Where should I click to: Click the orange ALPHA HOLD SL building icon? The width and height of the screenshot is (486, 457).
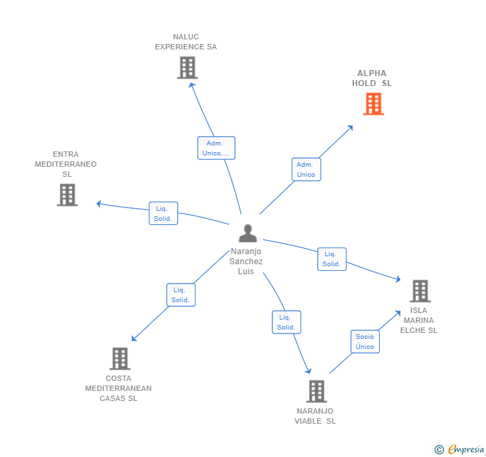pyautogui.click(x=373, y=104)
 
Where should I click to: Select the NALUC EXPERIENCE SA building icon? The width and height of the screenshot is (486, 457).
pyautogui.click(x=188, y=67)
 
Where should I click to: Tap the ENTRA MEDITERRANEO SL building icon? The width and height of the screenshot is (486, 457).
pyautogui.click(x=67, y=195)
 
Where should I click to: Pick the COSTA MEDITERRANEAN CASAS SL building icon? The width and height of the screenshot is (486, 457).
pyautogui.click(x=119, y=358)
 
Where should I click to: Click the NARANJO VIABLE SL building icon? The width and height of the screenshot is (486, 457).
pyautogui.click(x=316, y=391)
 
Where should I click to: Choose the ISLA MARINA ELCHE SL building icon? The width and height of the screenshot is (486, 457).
pyautogui.click(x=420, y=291)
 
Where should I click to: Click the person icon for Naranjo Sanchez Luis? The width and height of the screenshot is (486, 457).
pyautogui.click(x=248, y=234)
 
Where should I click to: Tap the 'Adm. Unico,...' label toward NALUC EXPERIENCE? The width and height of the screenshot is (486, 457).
pyautogui.click(x=216, y=148)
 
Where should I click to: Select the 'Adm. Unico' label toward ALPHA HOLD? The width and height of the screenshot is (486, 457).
pyautogui.click(x=306, y=169)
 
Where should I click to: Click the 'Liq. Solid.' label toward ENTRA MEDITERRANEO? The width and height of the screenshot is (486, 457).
pyautogui.click(x=163, y=213)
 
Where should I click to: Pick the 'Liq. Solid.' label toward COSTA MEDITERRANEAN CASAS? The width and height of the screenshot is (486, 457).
pyautogui.click(x=180, y=295)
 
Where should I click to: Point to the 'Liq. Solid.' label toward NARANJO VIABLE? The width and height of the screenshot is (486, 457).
pyautogui.click(x=286, y=322)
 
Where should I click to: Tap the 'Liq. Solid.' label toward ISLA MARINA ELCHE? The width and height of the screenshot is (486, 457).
pyautogui.click(x=331, y=259)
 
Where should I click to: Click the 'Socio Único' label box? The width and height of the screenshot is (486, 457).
pyautogui.click(x=364, y=342)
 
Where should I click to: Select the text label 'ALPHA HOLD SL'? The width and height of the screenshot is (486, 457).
pyautogui.click(x=372, y=79)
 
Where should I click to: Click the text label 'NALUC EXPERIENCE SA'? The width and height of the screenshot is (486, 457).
pyautogui.click(x=186, y=42)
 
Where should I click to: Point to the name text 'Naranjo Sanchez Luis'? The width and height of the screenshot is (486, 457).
pyautogui.click(x=246, y=262)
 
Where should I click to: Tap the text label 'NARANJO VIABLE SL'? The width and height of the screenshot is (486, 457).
pyautogui.click(x=315, y=416)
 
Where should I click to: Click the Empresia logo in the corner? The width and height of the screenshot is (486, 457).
pyautogui.click(x=460, y=449)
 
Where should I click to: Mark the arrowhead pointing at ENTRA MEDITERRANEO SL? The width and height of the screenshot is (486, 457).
pyautogui.click(x=99, y=203)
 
